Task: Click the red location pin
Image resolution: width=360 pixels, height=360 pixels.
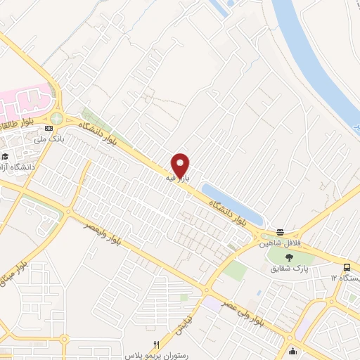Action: pos(181,165)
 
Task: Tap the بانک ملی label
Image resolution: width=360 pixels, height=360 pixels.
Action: pos(51,139)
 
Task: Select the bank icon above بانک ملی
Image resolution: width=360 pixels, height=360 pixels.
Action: pos(49,128)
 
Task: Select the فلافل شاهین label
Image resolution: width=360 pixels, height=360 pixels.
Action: pos(275,242)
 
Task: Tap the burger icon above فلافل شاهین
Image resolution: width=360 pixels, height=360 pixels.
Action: pos(280,232)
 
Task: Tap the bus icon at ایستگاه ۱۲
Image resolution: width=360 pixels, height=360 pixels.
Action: pos(348,267)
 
